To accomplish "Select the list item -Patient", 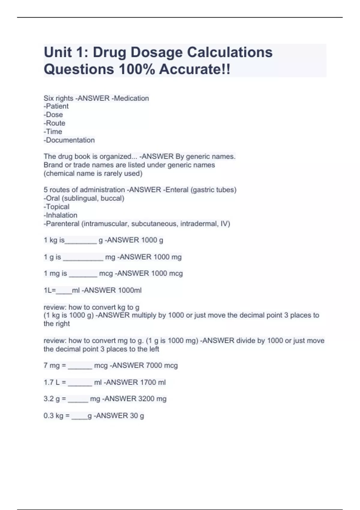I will click(x=56, y=106).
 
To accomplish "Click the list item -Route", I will click(x=54, y=123).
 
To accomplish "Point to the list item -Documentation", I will click(x=69, y=140).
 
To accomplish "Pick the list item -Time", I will click(x=53, y=131).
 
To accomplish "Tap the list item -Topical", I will click(x=56, y=207).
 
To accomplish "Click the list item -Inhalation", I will click(x=60, y=215).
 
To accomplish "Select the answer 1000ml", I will click(x=130, y=290).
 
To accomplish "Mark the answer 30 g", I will click(x=137, y=415).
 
